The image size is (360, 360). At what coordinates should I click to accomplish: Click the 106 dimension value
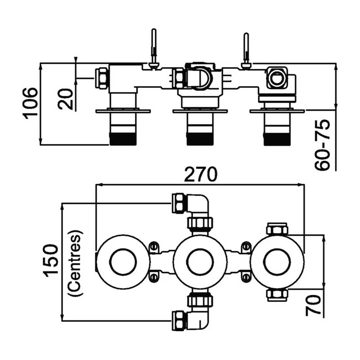pyautogui.click(x=30, y=103)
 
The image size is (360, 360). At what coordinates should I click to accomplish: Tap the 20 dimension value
pyautogui.click(x=65, y=99)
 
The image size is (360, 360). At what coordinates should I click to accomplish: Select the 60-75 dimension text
pyautogui.click(x=322, y=145)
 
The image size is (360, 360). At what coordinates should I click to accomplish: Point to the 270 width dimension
pyautogui.click(x=200, y=174)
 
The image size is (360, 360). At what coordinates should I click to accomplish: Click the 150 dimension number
pyautogui.click(x=50, y=261)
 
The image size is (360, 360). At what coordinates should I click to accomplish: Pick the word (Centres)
pyautogui.click(x=75, y=262)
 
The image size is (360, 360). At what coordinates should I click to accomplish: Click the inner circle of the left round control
pyautogui.click(x=123, y=262)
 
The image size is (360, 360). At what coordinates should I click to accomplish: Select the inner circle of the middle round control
pyautogui.click(x=200, y=262)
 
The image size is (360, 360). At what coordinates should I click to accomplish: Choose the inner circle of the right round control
pyautogui.click(x=277, y=262)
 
